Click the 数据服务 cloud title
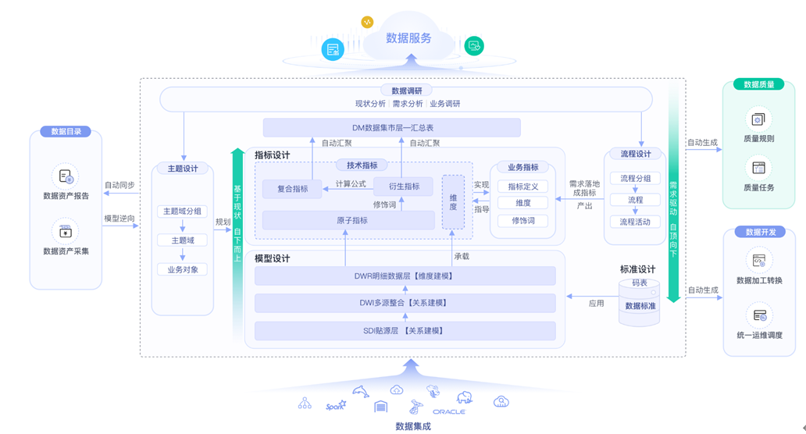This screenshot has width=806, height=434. point(408,37)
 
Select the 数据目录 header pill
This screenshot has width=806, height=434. point(66,132)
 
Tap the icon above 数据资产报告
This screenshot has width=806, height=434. point(66,176)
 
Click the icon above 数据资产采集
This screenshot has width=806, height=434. point(66,231)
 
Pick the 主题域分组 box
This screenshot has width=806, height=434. point(182,212)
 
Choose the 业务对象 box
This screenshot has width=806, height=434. point(182,269)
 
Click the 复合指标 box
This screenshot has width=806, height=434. point(292,189)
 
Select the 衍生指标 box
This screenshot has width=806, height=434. point(402,187)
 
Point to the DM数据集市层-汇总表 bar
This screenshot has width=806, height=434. point(392,127)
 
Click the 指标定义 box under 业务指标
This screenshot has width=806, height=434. point(522,187)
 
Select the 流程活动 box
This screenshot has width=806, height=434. point(635,222)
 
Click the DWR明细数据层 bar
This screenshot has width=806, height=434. point(405,276)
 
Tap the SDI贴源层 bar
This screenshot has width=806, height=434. point(405,331)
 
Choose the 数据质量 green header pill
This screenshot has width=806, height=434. point(758,84)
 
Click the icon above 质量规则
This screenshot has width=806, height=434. point(758,119)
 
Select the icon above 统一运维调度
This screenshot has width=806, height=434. point(758,315)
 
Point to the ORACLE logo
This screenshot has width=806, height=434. point(449,411)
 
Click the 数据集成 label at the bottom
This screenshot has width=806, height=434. point(412,426)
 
